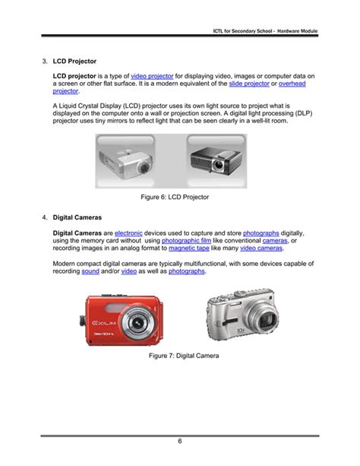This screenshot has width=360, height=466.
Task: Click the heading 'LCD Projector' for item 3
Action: click(x=74, y=59)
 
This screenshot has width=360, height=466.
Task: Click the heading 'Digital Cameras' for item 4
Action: click(x=78, y=217)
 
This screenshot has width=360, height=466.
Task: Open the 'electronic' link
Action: click(x=128, y=233)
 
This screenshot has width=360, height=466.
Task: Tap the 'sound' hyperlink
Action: click(x=90, y=271)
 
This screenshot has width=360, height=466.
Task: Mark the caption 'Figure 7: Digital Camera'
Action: click(x=185, y=355)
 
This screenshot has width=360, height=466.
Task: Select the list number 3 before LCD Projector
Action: click(x=44, y=59)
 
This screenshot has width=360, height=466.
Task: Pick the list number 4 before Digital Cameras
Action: click(x=44, y=217)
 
